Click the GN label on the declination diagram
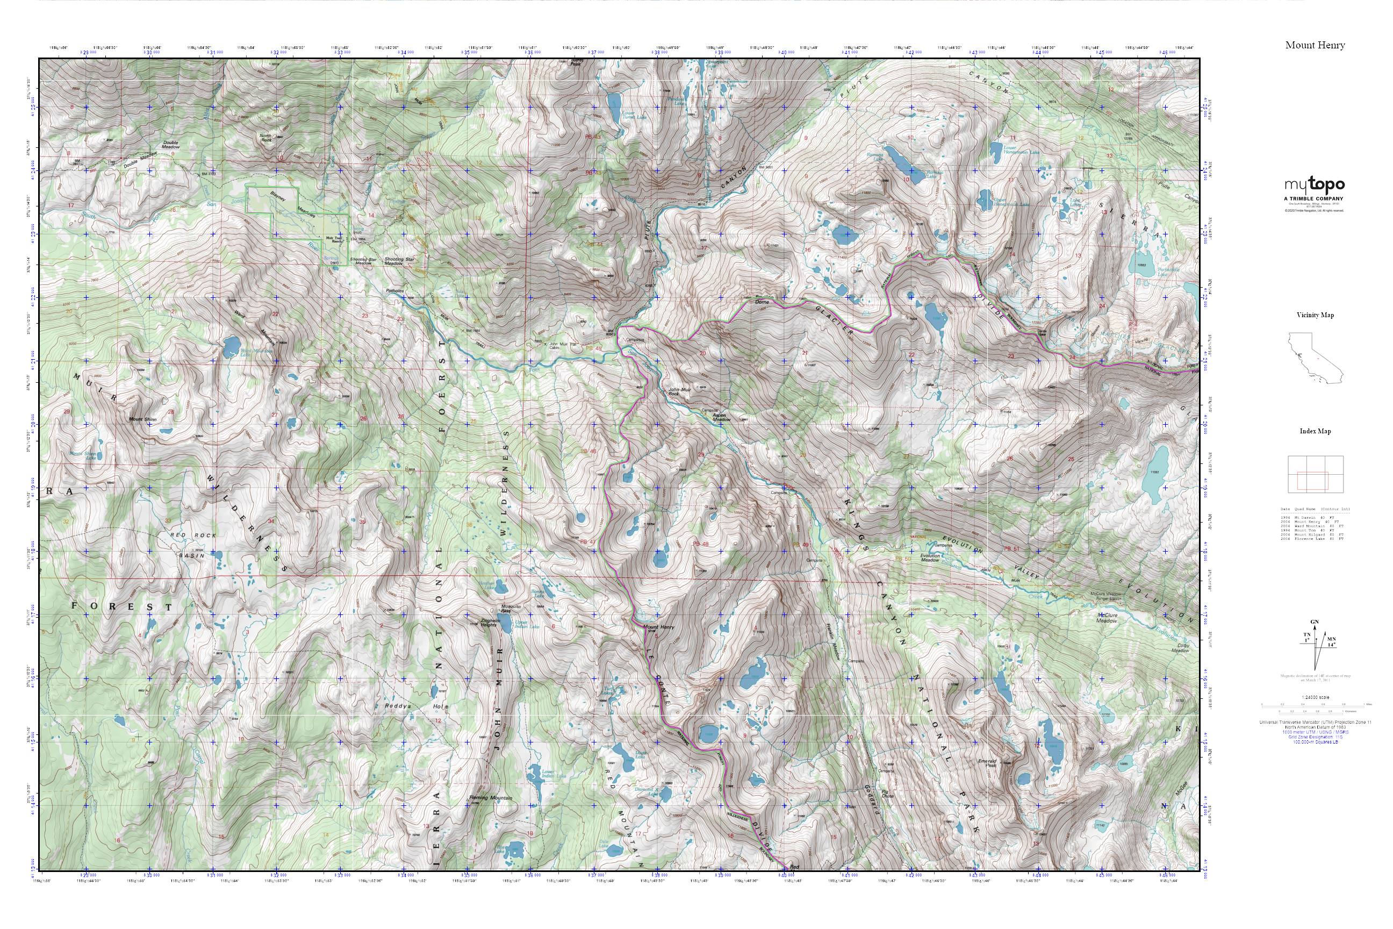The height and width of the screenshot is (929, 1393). tap(1310, 622)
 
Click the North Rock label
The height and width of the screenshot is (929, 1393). tap(267, 139)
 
